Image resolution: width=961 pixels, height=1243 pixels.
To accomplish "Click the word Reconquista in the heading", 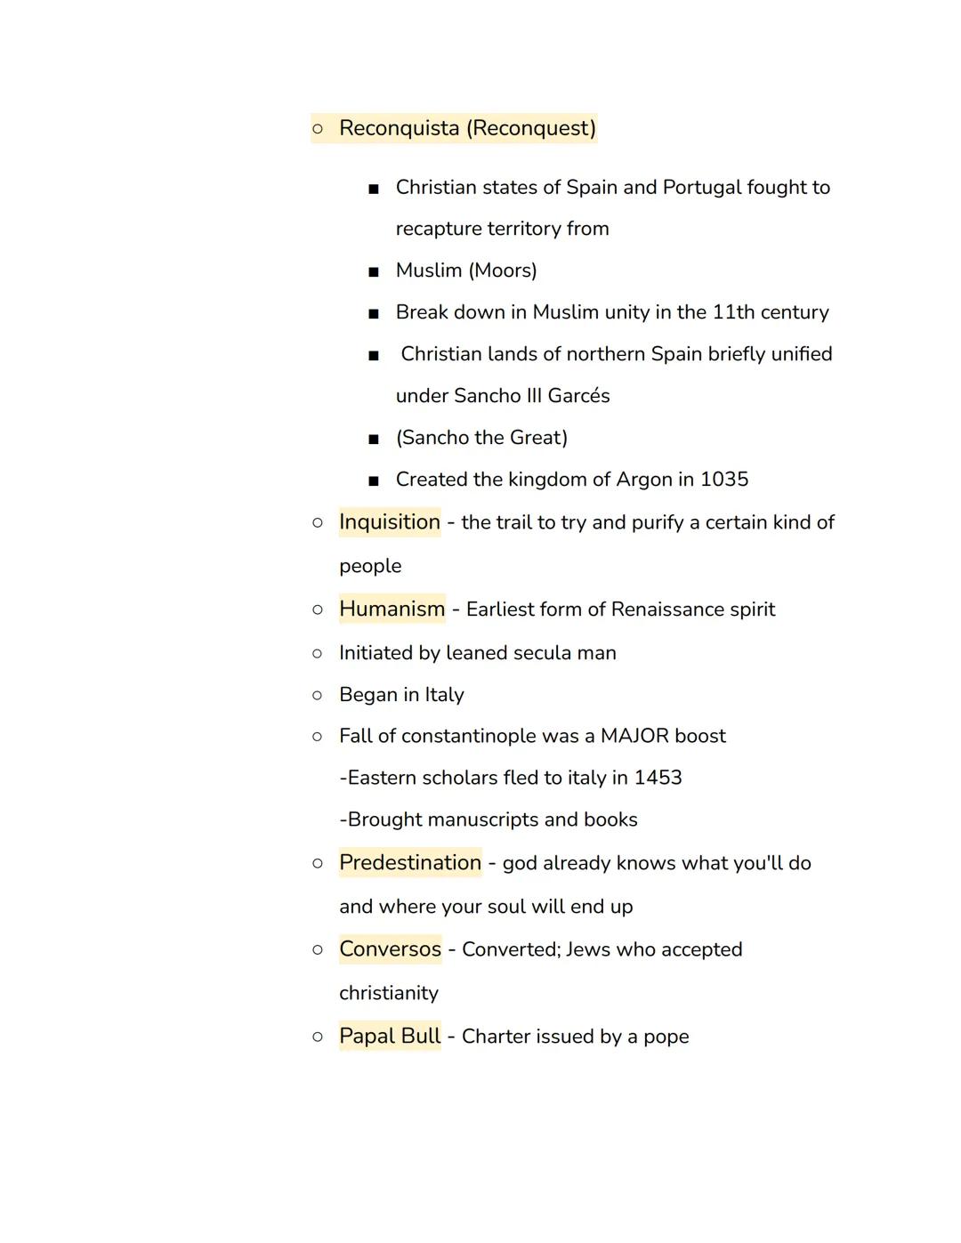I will pos(399,128).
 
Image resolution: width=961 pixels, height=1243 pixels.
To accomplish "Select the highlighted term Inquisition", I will pos(390,522).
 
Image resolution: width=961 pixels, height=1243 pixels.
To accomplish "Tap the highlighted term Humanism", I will pos(392,609).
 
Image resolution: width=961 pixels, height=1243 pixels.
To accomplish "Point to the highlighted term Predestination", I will pos(410,863).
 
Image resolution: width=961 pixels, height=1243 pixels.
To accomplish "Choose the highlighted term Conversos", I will pos(390,949).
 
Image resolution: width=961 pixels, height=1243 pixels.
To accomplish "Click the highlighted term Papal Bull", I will pos(390,1037).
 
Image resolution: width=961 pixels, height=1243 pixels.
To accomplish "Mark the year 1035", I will pos(724,480).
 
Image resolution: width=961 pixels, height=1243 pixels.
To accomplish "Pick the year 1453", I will pos(658,778).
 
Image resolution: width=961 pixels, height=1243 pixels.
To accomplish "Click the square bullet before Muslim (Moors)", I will pos(374,271).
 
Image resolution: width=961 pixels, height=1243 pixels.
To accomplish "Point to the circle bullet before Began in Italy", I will pos(318,695).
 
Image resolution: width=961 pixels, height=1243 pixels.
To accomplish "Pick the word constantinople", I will pos(468,737).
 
